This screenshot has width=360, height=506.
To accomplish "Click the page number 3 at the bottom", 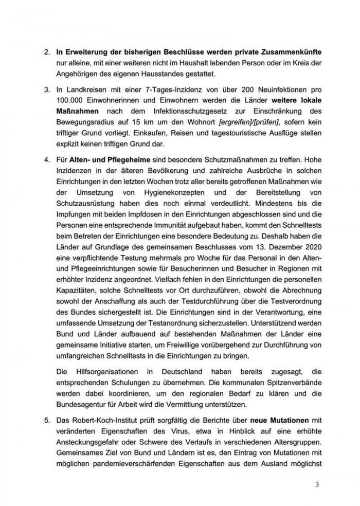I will point(317,484).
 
